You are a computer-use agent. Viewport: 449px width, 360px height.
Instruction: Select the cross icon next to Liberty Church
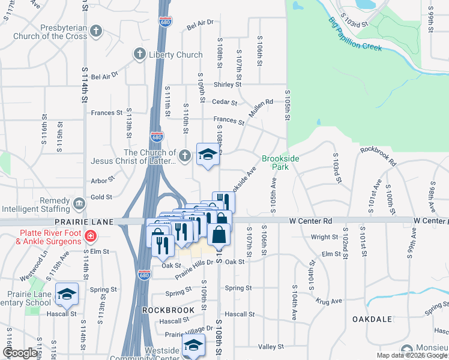pyautogui.click(x=139, y=55)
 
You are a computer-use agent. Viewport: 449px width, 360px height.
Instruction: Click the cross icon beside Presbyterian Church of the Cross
pyautogui.click(x=97, y=32)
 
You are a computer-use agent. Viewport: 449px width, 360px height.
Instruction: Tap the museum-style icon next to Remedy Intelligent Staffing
pyautogui.click(x=79, y=205)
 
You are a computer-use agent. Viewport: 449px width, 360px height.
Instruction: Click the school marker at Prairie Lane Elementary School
pyautogui.click(x=67, y=294)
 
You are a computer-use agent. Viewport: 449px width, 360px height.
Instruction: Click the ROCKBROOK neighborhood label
pyautogui.click(x=168, y=310)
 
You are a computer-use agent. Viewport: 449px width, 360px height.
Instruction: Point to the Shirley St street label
pyautogui.click(x=228, y=85)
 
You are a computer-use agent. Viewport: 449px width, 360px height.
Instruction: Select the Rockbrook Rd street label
pyautogui.click(x=378, y=157)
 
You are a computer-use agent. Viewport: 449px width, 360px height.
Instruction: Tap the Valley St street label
pyautogui.click(x=270, y=347)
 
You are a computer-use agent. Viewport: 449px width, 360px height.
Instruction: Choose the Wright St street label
pyautogui.click(x=325, y=237)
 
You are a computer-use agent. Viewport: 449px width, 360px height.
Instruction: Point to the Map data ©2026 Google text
pyautogui.click(x=411, y=355)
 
